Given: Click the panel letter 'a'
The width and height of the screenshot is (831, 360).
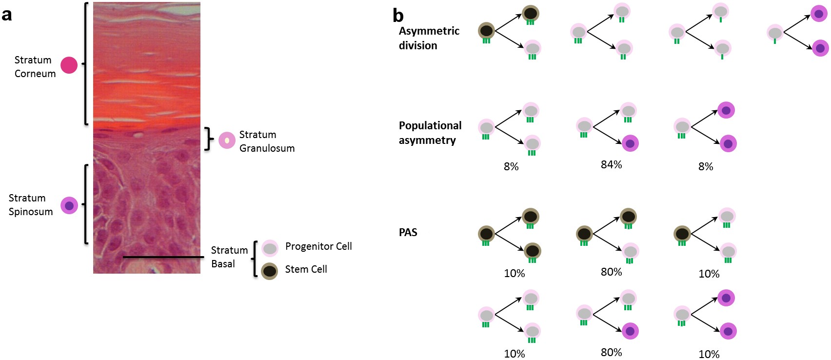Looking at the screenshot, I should tap(7, 15).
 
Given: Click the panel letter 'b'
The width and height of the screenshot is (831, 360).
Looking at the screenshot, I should tap(398, 16).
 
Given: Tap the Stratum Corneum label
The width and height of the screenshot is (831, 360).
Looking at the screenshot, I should tap(35, 67).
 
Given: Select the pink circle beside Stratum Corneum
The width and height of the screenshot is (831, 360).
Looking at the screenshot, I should tap(69, 65).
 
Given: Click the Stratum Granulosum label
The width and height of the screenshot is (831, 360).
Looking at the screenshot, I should tap(266, 141).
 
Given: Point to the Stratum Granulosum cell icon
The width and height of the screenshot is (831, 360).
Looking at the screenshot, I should tap(227, 140).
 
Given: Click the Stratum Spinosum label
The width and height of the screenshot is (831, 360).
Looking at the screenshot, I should tap(30, 205).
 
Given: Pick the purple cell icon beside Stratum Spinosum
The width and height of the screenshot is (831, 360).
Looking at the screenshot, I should tap(69, 205).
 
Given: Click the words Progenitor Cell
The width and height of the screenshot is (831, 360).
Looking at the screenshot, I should tap(318, 246).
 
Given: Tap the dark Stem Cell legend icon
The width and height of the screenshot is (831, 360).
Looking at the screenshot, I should tap(270, 271).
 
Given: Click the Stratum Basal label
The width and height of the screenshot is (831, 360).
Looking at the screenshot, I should tap(229, 257).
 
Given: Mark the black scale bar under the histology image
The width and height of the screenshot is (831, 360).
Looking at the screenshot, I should tap(163, 257).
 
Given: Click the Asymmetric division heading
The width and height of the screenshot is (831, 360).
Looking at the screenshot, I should tap(429, 38).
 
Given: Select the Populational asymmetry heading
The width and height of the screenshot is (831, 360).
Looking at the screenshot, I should tap(430, 133).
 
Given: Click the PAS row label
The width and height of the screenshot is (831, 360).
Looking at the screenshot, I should tap(408, 233).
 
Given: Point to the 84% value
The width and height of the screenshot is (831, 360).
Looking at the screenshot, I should tap(611, 165).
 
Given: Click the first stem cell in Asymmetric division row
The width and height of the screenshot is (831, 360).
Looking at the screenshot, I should tap(486, 31).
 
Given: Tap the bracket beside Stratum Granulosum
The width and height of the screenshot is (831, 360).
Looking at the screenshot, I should tap(209, 139).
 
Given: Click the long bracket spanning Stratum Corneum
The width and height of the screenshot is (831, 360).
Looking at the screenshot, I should tap(86, 63).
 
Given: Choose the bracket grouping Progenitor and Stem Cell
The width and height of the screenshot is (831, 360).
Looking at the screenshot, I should tap(255, 259).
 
